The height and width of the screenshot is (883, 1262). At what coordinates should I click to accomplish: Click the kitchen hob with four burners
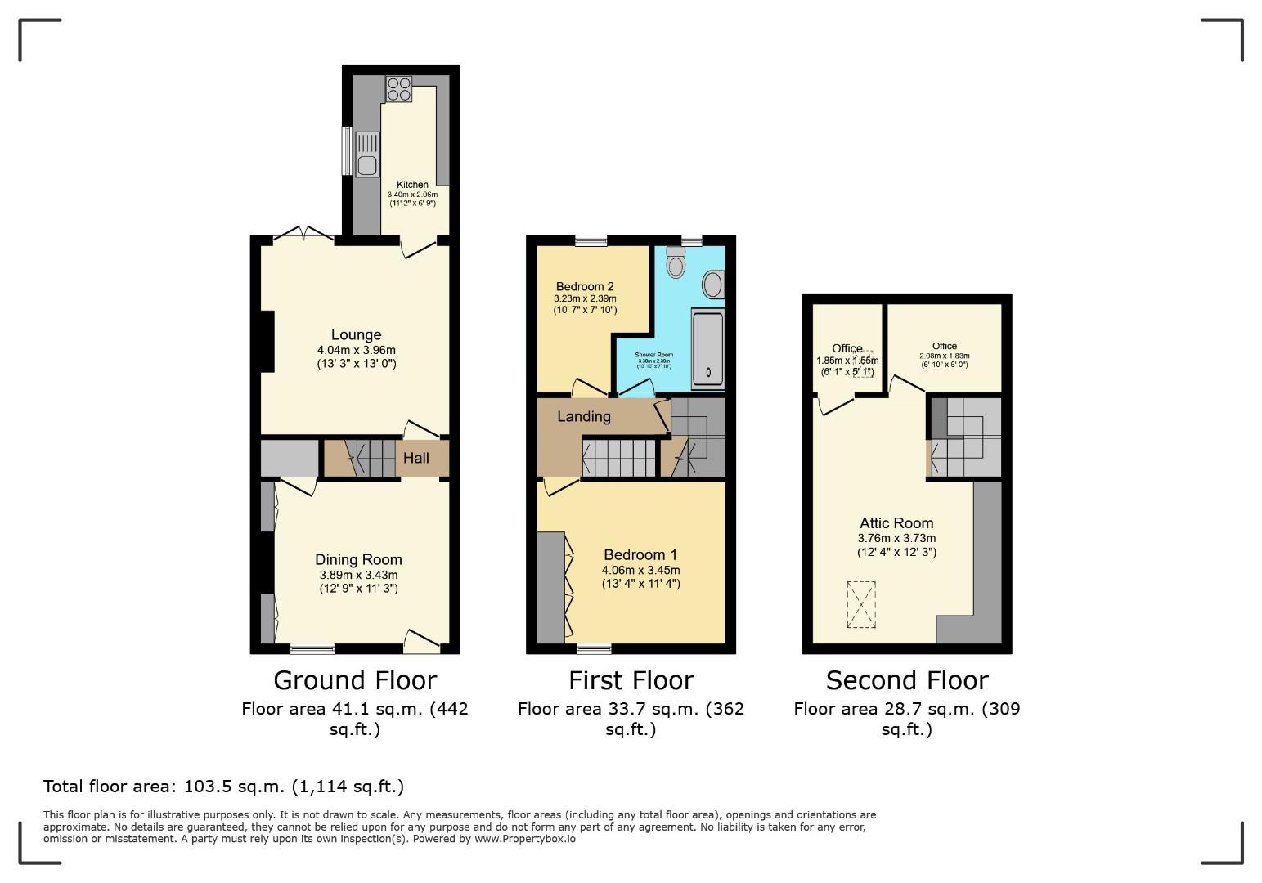pyautogui.click(x=399, y=88)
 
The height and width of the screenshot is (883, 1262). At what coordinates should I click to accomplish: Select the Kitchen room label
pyautogui.click(x=412, y=185)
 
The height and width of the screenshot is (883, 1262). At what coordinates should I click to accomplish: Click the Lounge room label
pyautogui.click(x=356, y=334)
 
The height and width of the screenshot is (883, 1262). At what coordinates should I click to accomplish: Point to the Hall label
pyautogui.click(x=415, y=458)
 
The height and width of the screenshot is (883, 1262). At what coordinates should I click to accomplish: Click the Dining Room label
pyautogui.click(x=358, y=559)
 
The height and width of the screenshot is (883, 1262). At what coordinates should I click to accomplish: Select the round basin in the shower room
pyautogui.click(x=713, y=285)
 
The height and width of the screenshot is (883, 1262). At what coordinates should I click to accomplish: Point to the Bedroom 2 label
pyautogui.click(x=585, y=286)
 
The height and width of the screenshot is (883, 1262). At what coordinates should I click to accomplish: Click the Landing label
pyautogui.click(x=583, y=416)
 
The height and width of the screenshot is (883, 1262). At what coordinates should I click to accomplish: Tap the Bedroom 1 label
pyautogui.click(x=640, y=555)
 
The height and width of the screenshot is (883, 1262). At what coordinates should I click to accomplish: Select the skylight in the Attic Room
pyautogui.click(x=860, y=604)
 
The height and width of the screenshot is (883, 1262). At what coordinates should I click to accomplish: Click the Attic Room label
pyautogui.click(x=896, y=523)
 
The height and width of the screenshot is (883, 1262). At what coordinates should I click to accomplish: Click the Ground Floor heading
pyautogui.click(x=355, y=680)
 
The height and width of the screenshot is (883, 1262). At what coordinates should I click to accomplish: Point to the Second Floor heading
pyautogui.click(x=907, y=680)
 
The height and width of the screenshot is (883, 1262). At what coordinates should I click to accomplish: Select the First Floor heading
pyautogui.click(x=631, y=680)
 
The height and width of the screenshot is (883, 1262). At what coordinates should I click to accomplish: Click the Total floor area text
pyautogui.click(x=223, y=787)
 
